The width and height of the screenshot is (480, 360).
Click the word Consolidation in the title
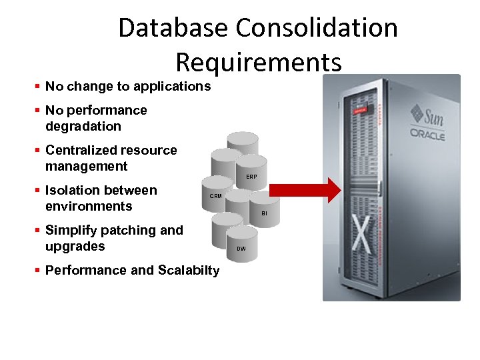(317, 28)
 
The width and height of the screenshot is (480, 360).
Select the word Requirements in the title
(259, 62)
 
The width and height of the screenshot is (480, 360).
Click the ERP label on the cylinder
(251, 177)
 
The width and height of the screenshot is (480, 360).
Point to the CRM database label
(216, 196)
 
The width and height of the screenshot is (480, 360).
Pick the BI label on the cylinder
(264, 213)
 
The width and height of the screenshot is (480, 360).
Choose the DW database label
(241, 249)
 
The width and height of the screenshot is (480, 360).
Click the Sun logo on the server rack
(427, 115)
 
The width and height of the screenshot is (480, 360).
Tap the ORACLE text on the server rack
(427, 134)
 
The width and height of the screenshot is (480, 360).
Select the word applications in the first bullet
(172, 86)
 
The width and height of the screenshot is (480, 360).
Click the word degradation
(83, 126)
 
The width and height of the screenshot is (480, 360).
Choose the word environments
(89, 206)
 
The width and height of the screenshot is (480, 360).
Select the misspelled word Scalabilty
(189, 270)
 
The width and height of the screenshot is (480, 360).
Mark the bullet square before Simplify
(38, 231)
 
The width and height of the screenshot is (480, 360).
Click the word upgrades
(75, 246)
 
